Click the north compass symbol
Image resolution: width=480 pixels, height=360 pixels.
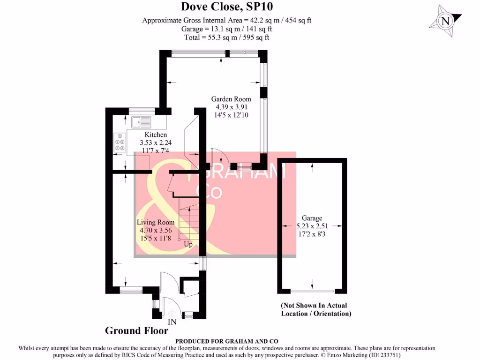(x=445, y=21)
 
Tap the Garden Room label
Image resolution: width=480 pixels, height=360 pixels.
(x=231, y=99)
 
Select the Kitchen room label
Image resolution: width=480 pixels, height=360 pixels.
(x=156, y=135)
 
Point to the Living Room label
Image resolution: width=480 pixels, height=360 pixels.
(x=156, y=223)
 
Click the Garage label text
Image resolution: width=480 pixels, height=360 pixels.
(x=312, y=218)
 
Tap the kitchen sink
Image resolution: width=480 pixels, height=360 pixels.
(x=141, y=122)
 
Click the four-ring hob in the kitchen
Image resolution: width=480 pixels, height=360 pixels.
(x=120, y=142)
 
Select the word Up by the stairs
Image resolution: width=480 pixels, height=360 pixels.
(x=188, y=244)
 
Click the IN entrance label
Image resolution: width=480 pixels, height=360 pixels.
(x=172, y=322)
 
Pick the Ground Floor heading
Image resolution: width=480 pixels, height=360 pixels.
(x=136, y=330)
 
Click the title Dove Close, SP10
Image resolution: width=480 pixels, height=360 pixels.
(x=227, y=7)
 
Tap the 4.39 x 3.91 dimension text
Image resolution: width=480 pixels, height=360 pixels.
(x=232, y=107)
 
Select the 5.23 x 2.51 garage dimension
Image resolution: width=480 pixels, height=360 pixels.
(x=312, y=226)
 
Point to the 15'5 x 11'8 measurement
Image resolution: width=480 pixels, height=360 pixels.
(x=156, y=238)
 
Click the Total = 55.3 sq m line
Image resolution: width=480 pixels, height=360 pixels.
(x=226, y=37)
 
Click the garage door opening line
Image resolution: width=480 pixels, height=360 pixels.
(x=313, y=291)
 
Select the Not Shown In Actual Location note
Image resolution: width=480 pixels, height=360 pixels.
(x=316, y=309)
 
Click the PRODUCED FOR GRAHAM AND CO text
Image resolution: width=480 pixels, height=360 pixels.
(x=226, y=341)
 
